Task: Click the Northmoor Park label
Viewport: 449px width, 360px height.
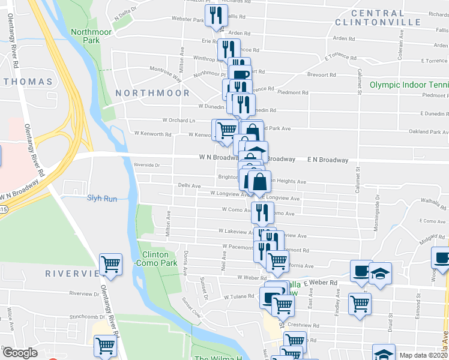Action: click(x=84, y=36)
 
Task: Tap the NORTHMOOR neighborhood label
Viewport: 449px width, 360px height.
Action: click(x=152, y=93)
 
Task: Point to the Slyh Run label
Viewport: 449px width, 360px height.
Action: click(x=102, y=197)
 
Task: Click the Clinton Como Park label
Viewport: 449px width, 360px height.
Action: click(x=155, y=259)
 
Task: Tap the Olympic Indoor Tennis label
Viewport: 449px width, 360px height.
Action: click(x=409, y=85)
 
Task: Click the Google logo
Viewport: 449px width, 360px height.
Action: click(x=19, y=353)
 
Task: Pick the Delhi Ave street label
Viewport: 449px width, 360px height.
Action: click(x=189, y=186)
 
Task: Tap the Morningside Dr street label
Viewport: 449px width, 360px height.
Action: click(x=378, y=205)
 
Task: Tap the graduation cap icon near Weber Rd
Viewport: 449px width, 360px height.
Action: click(x=380, y=273)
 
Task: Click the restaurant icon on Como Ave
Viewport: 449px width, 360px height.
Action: click(x=262, y=212)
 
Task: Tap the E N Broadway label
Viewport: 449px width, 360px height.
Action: click(x=328, y=160)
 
